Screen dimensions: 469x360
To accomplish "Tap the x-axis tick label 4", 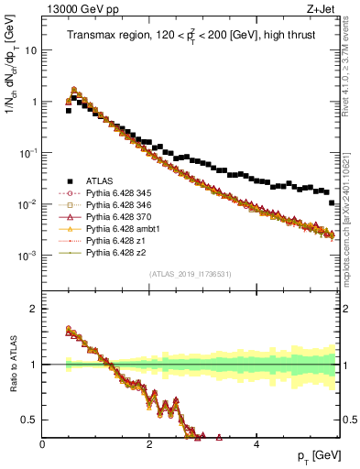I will click(256, 443).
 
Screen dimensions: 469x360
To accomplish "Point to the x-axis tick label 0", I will click(43, 443).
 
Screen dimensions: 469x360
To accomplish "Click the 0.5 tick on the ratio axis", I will click(30, 420).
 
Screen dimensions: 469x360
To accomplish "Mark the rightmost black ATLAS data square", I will click(332, 202).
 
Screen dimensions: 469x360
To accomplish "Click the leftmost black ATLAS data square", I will click(69, 110).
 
